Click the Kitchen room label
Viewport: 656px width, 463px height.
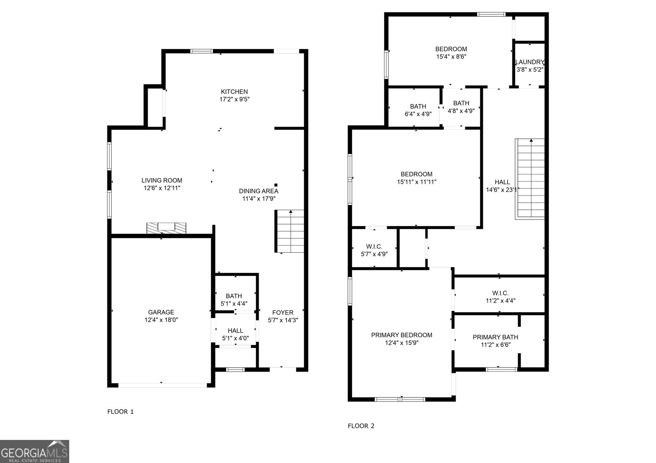234,92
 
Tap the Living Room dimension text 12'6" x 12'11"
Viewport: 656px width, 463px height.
162,188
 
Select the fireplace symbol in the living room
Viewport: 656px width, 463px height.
166,228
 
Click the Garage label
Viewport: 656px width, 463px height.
161,312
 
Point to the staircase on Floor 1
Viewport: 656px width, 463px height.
290,231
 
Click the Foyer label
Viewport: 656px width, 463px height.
282,313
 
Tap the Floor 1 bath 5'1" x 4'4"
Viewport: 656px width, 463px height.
234,300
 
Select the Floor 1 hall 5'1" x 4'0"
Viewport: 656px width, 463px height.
235,334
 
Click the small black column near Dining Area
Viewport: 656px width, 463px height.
276,185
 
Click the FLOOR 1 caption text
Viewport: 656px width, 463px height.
120,411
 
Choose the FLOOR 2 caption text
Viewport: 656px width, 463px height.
361,426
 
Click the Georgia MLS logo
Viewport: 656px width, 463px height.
34,451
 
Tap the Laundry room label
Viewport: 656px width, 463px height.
529,62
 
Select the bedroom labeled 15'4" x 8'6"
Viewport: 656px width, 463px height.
451,53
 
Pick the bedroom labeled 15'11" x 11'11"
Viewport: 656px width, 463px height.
416,177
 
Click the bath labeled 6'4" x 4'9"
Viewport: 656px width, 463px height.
418,110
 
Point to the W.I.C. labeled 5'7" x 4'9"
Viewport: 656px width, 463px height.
374,250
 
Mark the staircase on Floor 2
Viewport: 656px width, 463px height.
530,179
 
